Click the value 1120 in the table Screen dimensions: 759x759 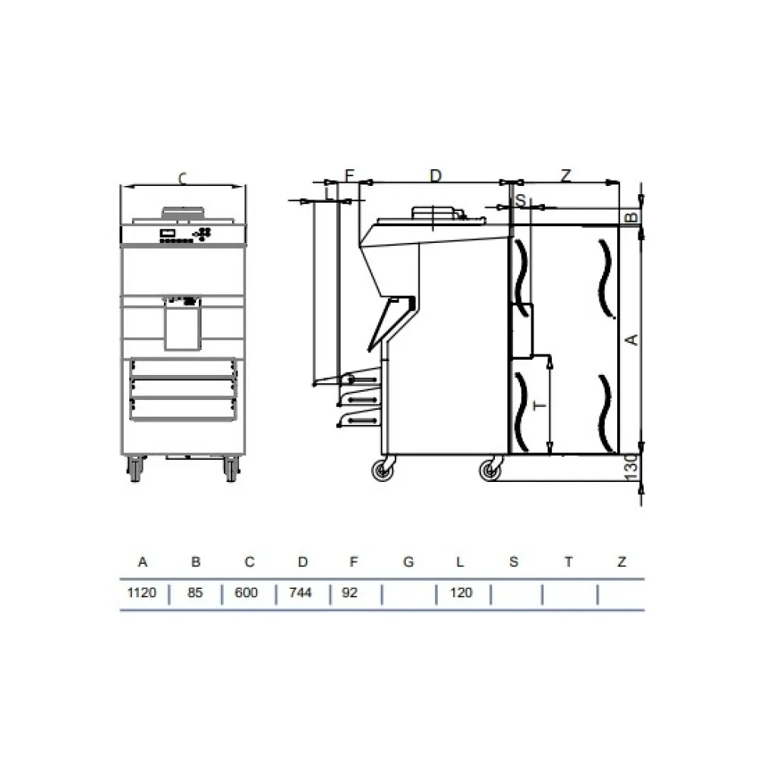[141, 592]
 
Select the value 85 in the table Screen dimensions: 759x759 [195, 592]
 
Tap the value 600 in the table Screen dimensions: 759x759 [246, 592]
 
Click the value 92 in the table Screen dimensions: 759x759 [349, 592]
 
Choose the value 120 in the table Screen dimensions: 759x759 [461, 592]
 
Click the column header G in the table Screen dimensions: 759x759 [408, 562]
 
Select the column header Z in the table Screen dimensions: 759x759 [622, 562]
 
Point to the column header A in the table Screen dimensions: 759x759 [142, 562]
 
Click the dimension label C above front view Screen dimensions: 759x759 [182, 178]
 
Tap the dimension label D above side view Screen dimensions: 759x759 [436, 175]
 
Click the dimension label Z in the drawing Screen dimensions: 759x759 [566, 175]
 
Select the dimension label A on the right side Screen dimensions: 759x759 [630, 339]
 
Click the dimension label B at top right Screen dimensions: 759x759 [629, 219]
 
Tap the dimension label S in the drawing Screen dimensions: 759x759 [521, 200]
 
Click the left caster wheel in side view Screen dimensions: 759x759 [381, 471]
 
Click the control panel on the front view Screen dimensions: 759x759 [182, 235]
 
